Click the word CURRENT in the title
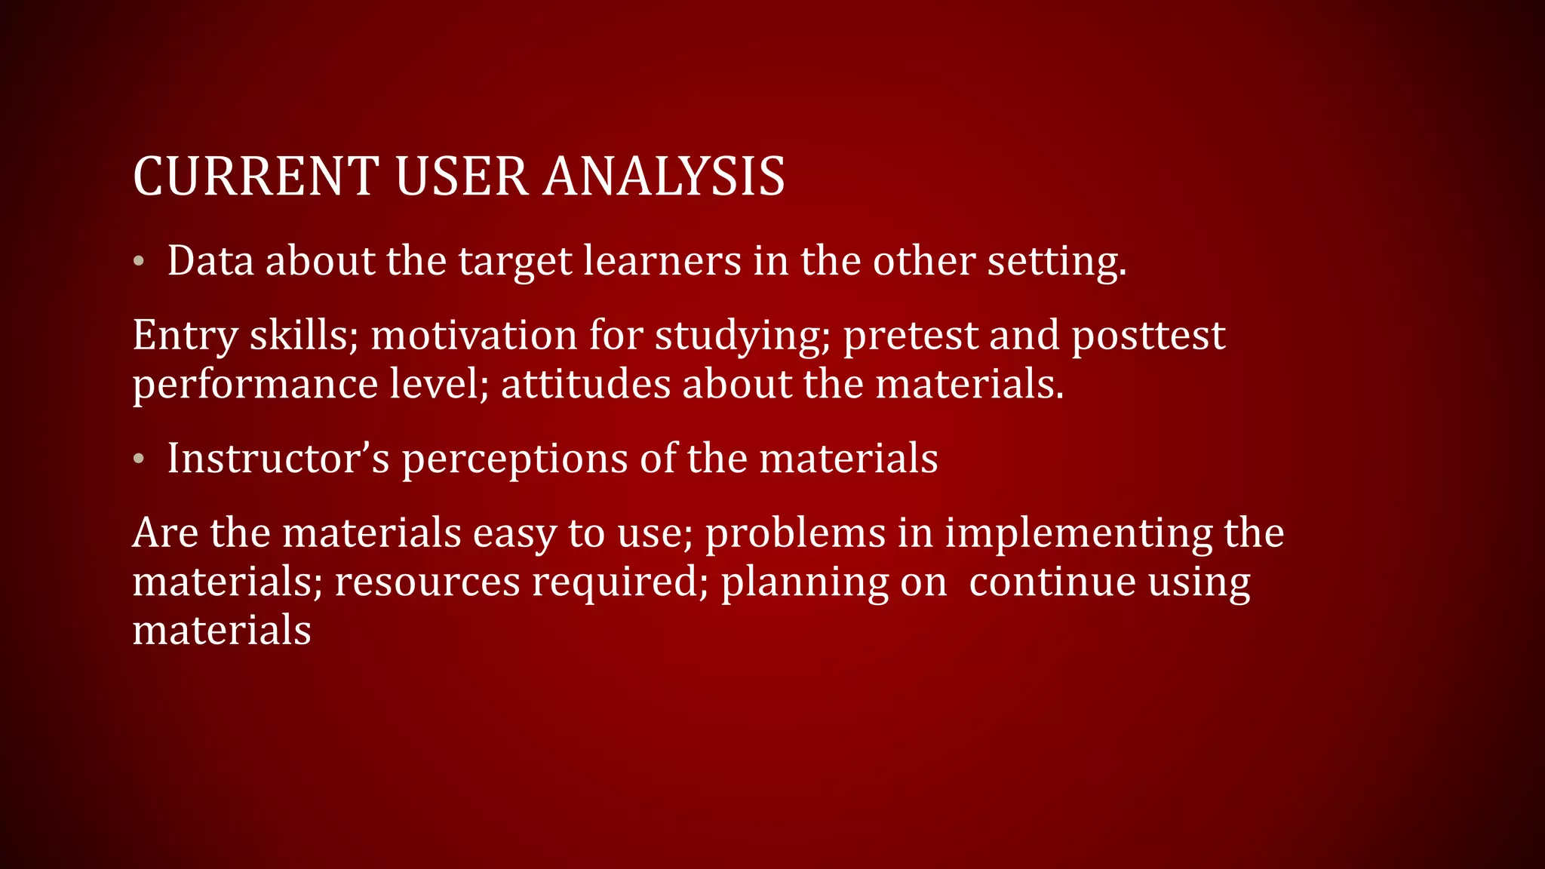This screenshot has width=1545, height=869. click(256, 177)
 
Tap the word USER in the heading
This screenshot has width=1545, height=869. click(461, 177)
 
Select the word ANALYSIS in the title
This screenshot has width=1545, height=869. click(665, 177)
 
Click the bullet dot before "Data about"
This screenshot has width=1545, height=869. click(138, 262)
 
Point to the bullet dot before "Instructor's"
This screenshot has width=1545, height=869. click(138, 459)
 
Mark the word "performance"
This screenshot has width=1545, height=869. click(255, 384)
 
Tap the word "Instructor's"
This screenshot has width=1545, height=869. click(278, 458)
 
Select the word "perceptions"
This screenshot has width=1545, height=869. click(514, 459)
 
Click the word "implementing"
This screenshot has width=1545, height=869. click(1078, 533)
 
